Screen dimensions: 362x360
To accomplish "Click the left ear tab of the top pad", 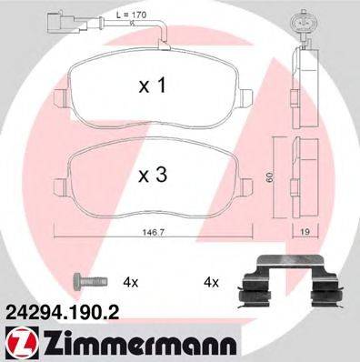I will click(x=62, y=93).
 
